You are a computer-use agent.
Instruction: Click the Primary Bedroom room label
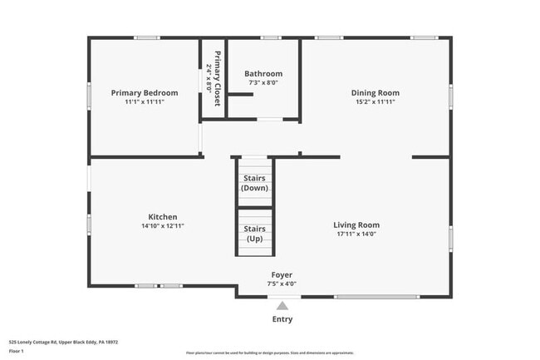[145, 92]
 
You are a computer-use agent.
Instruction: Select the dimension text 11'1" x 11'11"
[145, 101]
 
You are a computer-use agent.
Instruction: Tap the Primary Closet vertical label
[218, 78]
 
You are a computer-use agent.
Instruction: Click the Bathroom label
[263, 73]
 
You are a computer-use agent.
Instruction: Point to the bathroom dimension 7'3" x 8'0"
[263, 82]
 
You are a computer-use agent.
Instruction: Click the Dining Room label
[376, 92]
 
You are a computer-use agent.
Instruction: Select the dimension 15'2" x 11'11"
[376, 101]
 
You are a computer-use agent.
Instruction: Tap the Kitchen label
[163, 216]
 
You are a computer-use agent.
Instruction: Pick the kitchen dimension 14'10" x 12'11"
[163, 225]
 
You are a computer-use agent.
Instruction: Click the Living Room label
[356, 224]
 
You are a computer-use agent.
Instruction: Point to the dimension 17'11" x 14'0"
[356, 234]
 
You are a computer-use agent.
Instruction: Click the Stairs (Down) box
[254, 183]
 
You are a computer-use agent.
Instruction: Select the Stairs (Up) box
[254, 234]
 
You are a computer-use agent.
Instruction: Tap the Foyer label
[282, 274]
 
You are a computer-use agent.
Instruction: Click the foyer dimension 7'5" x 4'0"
[282, 284]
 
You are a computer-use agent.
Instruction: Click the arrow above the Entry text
[282, 305]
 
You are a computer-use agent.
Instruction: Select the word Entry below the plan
[282, 318]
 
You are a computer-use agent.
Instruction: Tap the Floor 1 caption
[17, 351]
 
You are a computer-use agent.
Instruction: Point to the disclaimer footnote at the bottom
[270, 353]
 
